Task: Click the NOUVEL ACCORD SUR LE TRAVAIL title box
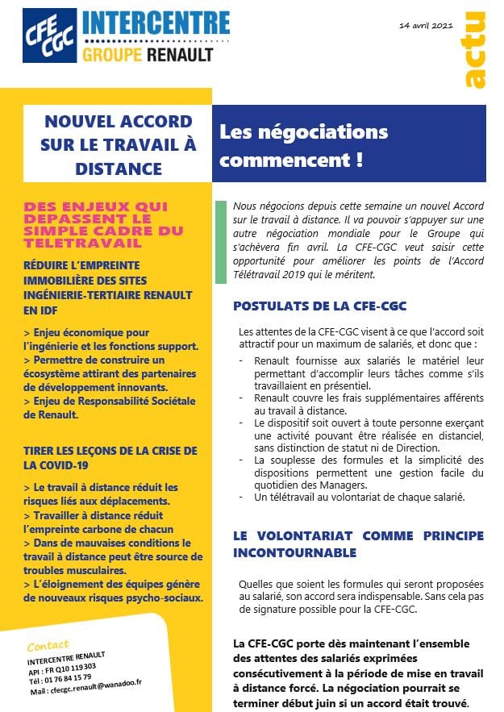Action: pyautogui.click(x=118, y=145)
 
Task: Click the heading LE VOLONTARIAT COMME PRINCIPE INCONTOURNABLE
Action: pyautogui.click(x=358, y=544)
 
